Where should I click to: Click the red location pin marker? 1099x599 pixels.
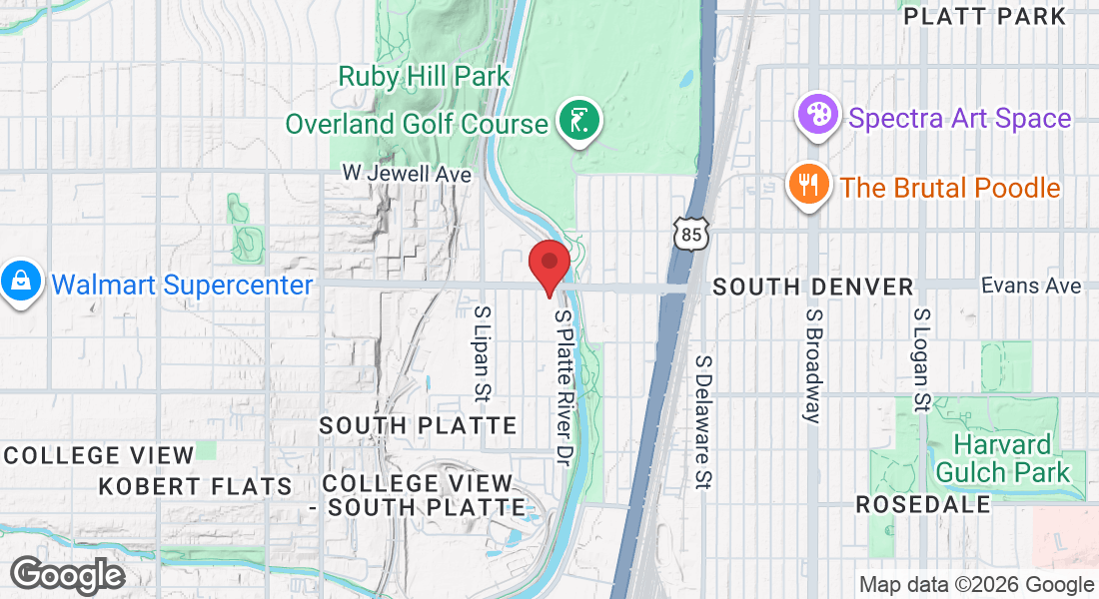[549, 265]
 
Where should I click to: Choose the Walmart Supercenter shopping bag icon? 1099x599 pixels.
[20, 283]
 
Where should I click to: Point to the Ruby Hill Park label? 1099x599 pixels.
[425, 76]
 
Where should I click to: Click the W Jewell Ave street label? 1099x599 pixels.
[407, 174]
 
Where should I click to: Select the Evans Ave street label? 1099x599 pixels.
[1031, 286]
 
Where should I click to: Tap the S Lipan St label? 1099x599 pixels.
[483, 353]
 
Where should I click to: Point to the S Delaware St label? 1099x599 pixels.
[704, 422]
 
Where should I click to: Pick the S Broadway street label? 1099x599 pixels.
[813, 364]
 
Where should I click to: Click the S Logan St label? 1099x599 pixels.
[921, 358]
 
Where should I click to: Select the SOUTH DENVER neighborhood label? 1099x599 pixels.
[813, 288]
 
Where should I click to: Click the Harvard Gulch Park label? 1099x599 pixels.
[1001, 457]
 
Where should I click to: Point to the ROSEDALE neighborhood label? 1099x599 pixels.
[923, 505]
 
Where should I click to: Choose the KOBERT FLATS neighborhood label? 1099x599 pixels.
[195, 487]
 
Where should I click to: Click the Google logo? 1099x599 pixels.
[67, 575]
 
